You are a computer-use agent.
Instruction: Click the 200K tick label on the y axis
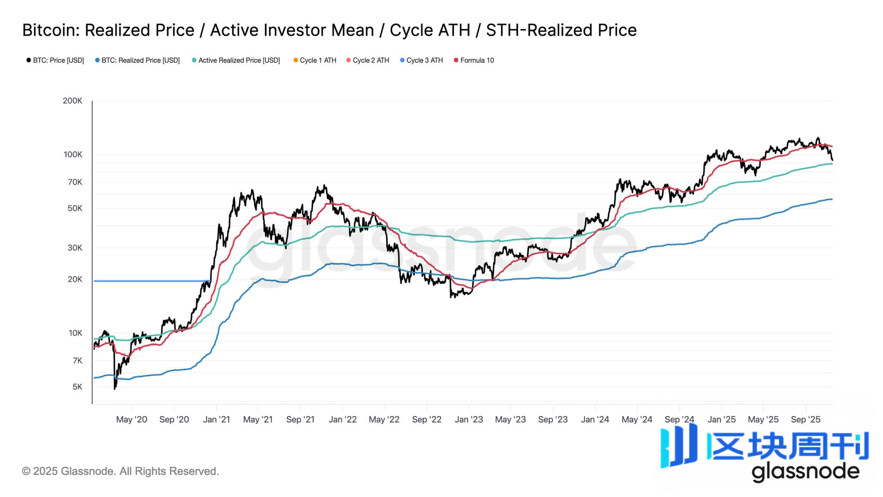pyautogui.click(x=72, y=101)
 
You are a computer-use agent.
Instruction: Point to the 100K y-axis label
pyautogui.click(x=73, y=155)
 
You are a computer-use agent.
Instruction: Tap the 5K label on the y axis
pyautogui.click(x=77, y=387)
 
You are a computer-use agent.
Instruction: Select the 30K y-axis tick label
pyautogui.click(x=75, y=248)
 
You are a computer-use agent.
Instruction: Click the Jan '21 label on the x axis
pyautogui.click(x=216, y=420)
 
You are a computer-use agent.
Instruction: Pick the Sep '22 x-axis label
pyautogui.click(x=426, y=420)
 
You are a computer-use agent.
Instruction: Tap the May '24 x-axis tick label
pyautogui.click(x=636, y=420)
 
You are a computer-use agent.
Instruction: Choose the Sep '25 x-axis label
pyautogui.click(x=805, y=420)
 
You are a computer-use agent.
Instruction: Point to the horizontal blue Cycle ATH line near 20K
pyautogui.click(x=151, y=281)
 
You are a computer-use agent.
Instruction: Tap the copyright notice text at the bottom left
pyautogui.click(x=120, y=471)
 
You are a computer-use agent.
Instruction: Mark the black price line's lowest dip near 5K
pyautogui.click(x=114, y=388)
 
